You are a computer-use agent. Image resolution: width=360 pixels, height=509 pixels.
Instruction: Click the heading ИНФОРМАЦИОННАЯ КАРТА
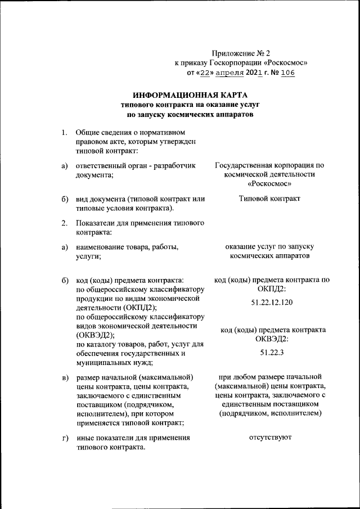click(190, 95)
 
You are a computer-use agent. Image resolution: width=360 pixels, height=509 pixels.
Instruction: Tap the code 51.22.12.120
click(273, 303)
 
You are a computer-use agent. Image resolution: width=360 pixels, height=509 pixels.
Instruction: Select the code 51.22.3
click(273, 352)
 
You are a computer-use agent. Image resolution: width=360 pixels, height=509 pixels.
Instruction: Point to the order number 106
click(288, 73)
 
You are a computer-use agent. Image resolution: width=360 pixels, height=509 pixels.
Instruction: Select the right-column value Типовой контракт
click(269, 199)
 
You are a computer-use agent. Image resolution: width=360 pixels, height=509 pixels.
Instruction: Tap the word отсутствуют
click(270, 437)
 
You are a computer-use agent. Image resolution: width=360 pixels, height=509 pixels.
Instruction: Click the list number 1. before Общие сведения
click(65, 133)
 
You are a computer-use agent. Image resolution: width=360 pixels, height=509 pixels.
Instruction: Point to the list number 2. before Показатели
click(65, 224)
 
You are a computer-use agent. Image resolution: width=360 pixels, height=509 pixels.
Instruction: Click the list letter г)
click(65, 438)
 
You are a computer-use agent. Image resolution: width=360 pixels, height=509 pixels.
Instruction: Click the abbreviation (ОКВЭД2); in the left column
click(94, 335)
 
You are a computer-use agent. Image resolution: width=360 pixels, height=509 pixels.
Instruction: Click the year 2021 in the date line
click(254, 73)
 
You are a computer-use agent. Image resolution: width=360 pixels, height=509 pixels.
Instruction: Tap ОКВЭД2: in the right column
click(272, 339)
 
